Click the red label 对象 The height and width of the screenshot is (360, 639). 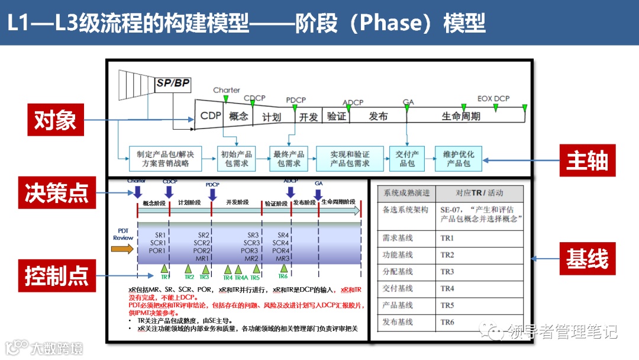point(56,120)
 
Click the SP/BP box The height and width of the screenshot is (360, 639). point(173,83)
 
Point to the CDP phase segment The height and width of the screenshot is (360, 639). point(211,116)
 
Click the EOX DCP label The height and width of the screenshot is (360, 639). point(493,99)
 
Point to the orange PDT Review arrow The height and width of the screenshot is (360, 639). point(122,249)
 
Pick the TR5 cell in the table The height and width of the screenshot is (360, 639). point(447,306)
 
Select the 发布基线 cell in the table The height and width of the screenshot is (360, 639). point(398,323)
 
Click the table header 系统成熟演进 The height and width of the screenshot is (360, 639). point(406,193)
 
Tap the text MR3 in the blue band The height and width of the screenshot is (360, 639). point(283,258)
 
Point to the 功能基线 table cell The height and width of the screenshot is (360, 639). point(398,255)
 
